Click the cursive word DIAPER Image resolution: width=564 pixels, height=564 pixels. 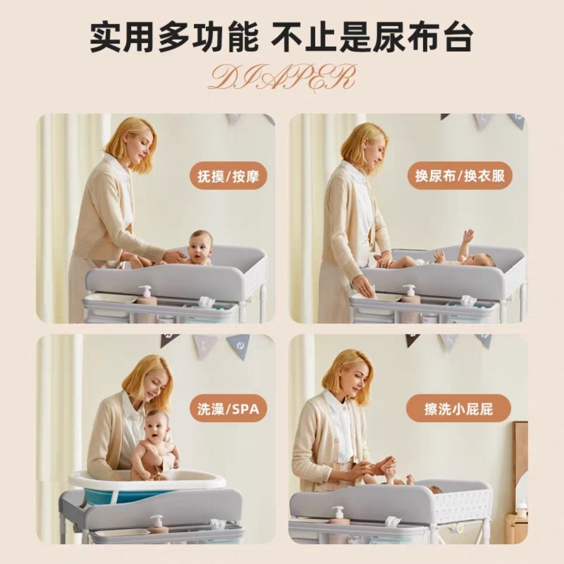point(283,77)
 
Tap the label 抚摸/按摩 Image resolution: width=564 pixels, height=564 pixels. point(229,176)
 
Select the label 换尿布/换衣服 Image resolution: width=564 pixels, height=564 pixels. point(460,176)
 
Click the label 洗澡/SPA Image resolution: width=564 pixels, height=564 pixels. point(229,409)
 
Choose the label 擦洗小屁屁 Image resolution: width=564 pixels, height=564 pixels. point(459,409)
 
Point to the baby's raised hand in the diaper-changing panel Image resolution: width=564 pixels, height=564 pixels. point(468,235)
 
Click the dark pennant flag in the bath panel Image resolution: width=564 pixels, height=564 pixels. point(170,340)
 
